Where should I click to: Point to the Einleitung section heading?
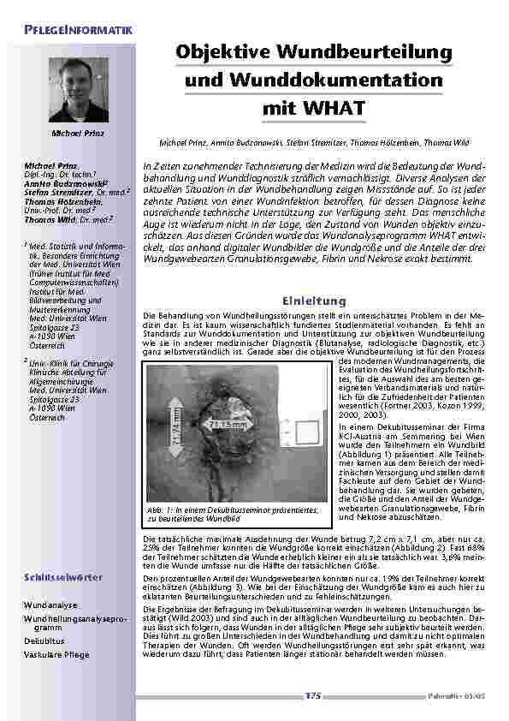point(313,301)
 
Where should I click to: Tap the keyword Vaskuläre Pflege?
point(56,654)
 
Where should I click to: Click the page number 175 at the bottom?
point(311,696)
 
